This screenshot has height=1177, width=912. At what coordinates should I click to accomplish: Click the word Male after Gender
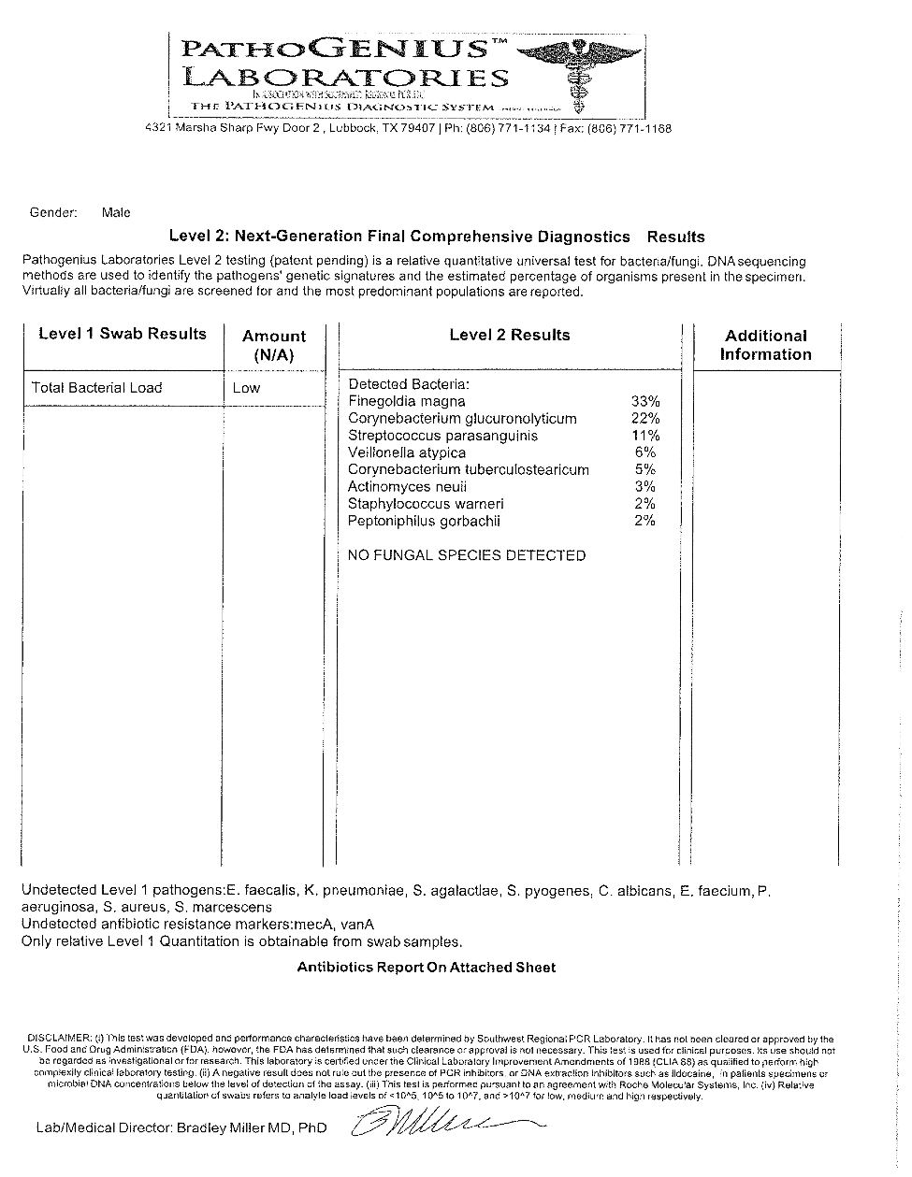pos(116,213)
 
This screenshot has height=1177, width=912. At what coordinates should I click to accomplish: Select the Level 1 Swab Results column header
pos(123,335)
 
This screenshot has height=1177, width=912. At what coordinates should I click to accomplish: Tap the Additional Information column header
pos(766,345)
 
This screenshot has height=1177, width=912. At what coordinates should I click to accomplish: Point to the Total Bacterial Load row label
pos(96,388)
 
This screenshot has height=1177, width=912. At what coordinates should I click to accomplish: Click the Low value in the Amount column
pos(246,388)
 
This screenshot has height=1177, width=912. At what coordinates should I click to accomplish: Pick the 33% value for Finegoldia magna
pos(645,402)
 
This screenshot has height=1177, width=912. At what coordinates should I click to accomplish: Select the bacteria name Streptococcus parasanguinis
pos(442,436)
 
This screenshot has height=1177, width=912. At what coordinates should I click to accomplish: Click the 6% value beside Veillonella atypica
pos(645,452)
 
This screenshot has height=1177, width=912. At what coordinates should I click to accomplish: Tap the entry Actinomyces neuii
pos(407,487)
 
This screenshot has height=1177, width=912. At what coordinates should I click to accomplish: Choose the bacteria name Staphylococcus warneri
pos(426,504)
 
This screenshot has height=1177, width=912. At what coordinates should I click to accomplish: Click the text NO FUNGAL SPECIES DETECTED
pos(467,555)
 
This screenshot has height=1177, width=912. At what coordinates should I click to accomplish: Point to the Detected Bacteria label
pos(409,384)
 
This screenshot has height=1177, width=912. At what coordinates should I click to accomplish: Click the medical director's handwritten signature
pos(440,1121)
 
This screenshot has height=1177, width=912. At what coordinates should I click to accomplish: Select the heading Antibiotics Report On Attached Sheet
pos(427,968)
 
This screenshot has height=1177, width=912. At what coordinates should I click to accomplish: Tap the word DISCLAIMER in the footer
pos(60,1039)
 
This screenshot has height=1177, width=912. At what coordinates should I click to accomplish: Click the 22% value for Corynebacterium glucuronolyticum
pos(645,419)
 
